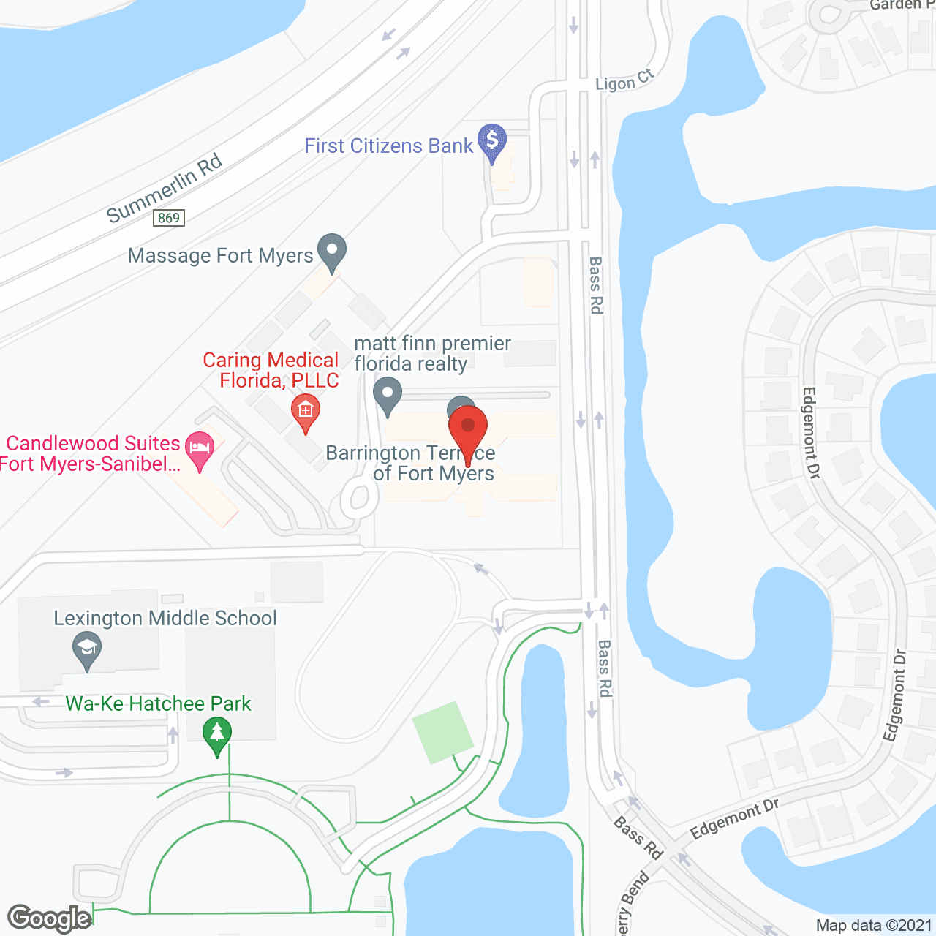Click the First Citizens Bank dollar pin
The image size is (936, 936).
click(x=492, y=140)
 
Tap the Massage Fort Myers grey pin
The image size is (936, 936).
click(x=332, y=250)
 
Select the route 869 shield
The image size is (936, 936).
click(x=169, y=218)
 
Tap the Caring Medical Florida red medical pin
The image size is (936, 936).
click(x=306, y=411)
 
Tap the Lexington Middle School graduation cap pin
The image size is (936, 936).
click(x=87, y=649)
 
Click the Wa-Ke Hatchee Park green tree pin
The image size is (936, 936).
click(x=217, y=734)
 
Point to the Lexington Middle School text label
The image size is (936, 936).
click(x=165, y=619)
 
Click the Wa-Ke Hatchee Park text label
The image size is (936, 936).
click(x=158, y=703)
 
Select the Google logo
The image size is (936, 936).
click(x=49, y=918)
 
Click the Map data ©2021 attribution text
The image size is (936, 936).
click(x=874, y=926)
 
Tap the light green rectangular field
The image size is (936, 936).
click(x=442, y=732)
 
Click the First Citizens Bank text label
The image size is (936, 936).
click(x=388, y=146)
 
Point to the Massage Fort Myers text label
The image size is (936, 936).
click(x=220, y=256)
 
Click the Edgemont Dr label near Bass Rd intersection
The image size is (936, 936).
click(x=734, y=819)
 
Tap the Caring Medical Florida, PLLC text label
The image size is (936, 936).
click(x=271, y=370)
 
